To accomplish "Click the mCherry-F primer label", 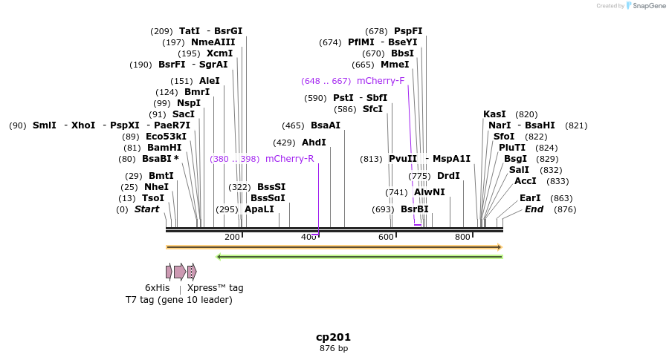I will (381, 81).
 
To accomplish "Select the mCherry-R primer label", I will (289, 159).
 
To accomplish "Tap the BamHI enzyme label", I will (164, 148).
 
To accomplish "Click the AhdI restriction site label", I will (314, 143).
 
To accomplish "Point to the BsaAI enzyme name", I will (325, 125).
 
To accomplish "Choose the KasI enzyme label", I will (494, 114).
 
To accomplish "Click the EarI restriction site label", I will (530, 198).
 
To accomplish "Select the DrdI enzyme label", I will (448, 176).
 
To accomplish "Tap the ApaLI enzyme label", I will (259, 209).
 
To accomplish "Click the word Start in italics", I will (146, 209).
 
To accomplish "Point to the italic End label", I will (534, 209).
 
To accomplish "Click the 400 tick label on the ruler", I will (308, 237).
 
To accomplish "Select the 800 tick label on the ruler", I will (462, 237).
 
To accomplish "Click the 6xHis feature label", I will (157, 288).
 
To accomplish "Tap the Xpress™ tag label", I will (215, 288).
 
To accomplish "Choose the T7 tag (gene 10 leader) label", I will (178, 300).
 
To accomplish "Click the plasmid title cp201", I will (333, 337).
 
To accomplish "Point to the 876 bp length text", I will (333, 348).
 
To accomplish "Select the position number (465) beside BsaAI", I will (293, 125).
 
